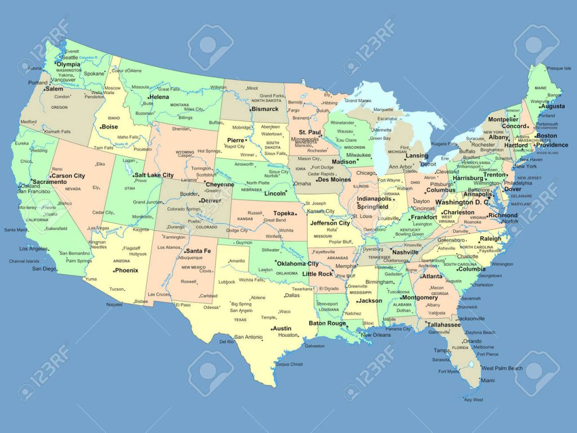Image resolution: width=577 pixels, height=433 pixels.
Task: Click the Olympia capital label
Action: tap(69, 64)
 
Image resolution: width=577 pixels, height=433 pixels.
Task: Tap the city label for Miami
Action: tap(488, 381)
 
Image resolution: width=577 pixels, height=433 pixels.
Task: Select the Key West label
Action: tap(474, 400)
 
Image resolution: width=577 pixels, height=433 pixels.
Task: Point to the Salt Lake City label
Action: tap(154, 175)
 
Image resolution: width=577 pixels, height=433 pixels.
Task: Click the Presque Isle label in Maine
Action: tap(559, 68)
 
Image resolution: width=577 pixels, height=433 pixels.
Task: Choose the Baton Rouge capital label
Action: tap(327, 323)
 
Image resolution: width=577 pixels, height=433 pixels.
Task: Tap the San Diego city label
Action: tap(45, 268)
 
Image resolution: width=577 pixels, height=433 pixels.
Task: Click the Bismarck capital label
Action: tap(265, 109)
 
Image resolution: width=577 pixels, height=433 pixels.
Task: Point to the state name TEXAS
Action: tap(240, 320)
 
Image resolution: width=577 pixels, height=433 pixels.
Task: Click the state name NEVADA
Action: tap(73, 189)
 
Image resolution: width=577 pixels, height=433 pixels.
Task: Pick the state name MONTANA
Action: tap(180, 105)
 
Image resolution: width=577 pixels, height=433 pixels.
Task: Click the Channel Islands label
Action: tap(24, 261)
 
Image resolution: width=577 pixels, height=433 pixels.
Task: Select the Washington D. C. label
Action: tap(462, 202)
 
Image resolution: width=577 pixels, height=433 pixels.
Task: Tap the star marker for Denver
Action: tap(199, 201)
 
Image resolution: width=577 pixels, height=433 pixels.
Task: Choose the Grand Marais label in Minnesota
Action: tap(358, 100)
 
